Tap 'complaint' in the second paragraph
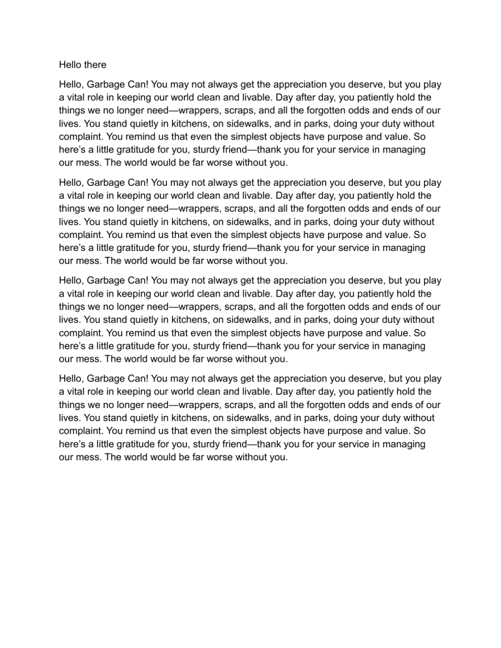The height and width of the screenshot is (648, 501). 81,234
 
